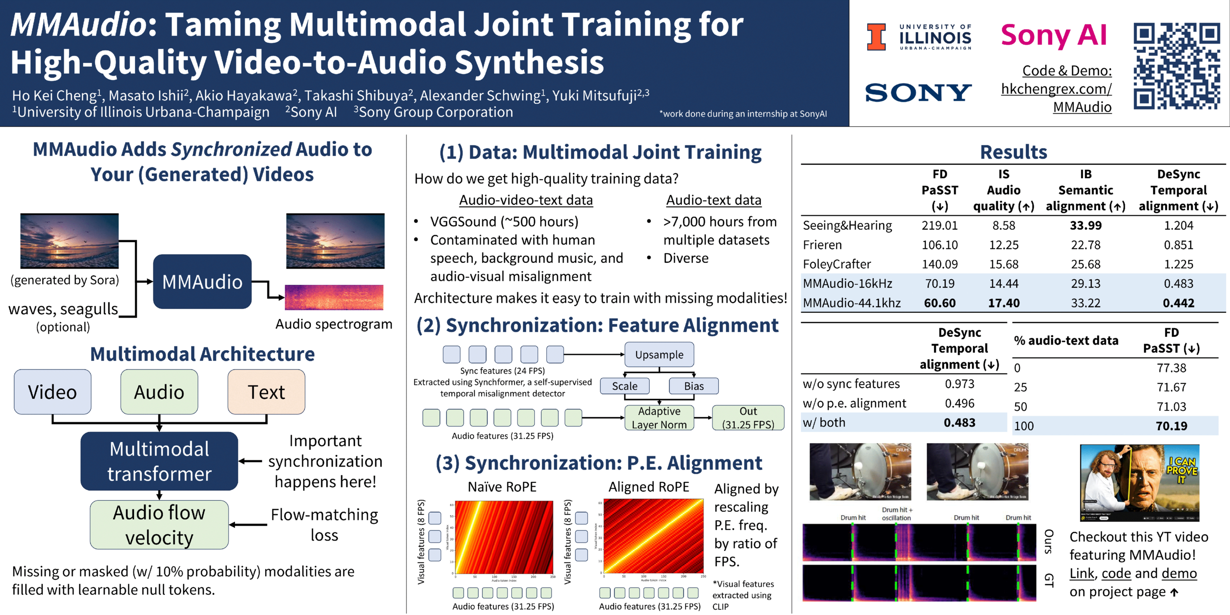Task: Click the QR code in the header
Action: click(x=1176, y=66)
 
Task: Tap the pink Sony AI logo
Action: click(x=1054, y=36)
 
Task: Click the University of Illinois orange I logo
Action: click(x=876, y=37)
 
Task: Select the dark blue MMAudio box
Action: click(x=202, y=282)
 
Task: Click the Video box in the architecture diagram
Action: click(x=52, y=392)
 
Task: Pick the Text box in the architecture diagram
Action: click(x=266, y=392)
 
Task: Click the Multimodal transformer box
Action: click(x=159, y=461)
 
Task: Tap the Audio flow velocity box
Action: click(x=159, y=525)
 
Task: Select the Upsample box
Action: click(x=659, y=355)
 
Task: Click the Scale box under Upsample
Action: click(x=625, y=386)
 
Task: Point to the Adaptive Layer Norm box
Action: click(x=659, y=418)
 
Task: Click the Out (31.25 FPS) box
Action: click(x=748, y=418)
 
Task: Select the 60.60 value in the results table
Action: click(x=939, y=303)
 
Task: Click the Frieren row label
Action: click(x=822, y=245)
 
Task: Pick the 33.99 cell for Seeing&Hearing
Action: click(x=1085, y=225)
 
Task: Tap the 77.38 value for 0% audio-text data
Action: click(x=1171, y=368)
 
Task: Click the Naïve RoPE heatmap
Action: click(x=504, y=537)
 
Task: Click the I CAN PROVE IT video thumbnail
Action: click(x=1139, y=482)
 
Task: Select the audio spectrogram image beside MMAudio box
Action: click(x=334, y=297)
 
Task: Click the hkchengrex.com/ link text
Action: click(x=1056, y=89)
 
